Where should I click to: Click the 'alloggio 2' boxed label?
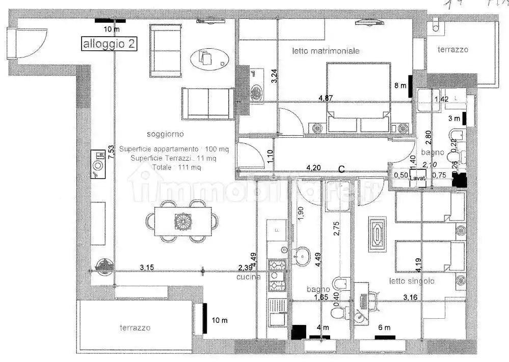110,44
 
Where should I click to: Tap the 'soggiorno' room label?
165,134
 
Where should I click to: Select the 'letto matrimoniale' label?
326,51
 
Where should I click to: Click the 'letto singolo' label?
412,281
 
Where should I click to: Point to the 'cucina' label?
249,277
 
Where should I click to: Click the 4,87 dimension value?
326,98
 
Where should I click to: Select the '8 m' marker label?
400,86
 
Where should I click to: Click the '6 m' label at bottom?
384,327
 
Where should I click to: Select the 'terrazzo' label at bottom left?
135,328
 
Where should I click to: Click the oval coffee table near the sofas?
208,59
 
